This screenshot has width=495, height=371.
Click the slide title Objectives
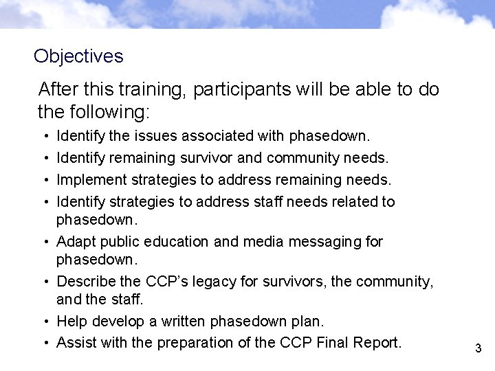[x=78, y=56]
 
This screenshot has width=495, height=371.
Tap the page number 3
[x=478, y=349]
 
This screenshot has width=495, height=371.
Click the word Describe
[x=85, y=281]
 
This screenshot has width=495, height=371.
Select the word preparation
[x=192, y=342]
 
